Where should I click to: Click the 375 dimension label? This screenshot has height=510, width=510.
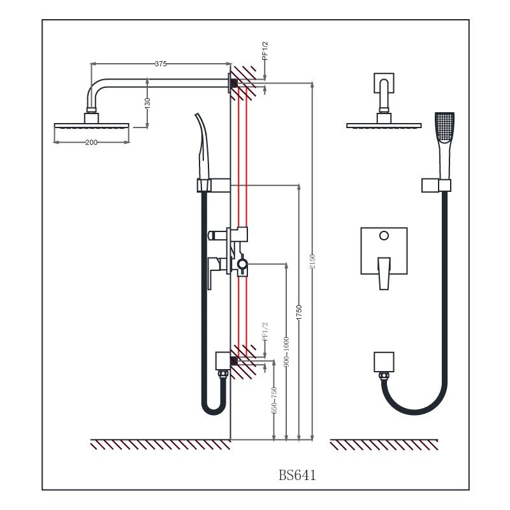[161, 63]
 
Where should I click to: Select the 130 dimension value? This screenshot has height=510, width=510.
[147, 101]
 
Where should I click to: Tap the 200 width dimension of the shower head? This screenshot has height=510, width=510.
[91, 142]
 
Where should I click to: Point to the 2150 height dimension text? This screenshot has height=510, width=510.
[312, 261]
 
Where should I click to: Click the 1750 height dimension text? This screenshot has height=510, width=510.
[299, 312]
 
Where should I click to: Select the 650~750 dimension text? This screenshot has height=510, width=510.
[274, 400]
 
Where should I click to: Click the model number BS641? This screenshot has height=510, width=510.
[297, 475]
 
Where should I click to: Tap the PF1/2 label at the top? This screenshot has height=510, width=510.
[265, 51]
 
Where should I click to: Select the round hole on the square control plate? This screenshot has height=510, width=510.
[384, 236]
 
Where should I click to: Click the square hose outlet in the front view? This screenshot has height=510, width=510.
[384, 361]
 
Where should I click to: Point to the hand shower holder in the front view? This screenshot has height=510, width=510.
[436, 186]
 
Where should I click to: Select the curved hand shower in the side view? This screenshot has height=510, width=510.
[203, 147]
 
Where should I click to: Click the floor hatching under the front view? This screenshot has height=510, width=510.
[384, 445]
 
